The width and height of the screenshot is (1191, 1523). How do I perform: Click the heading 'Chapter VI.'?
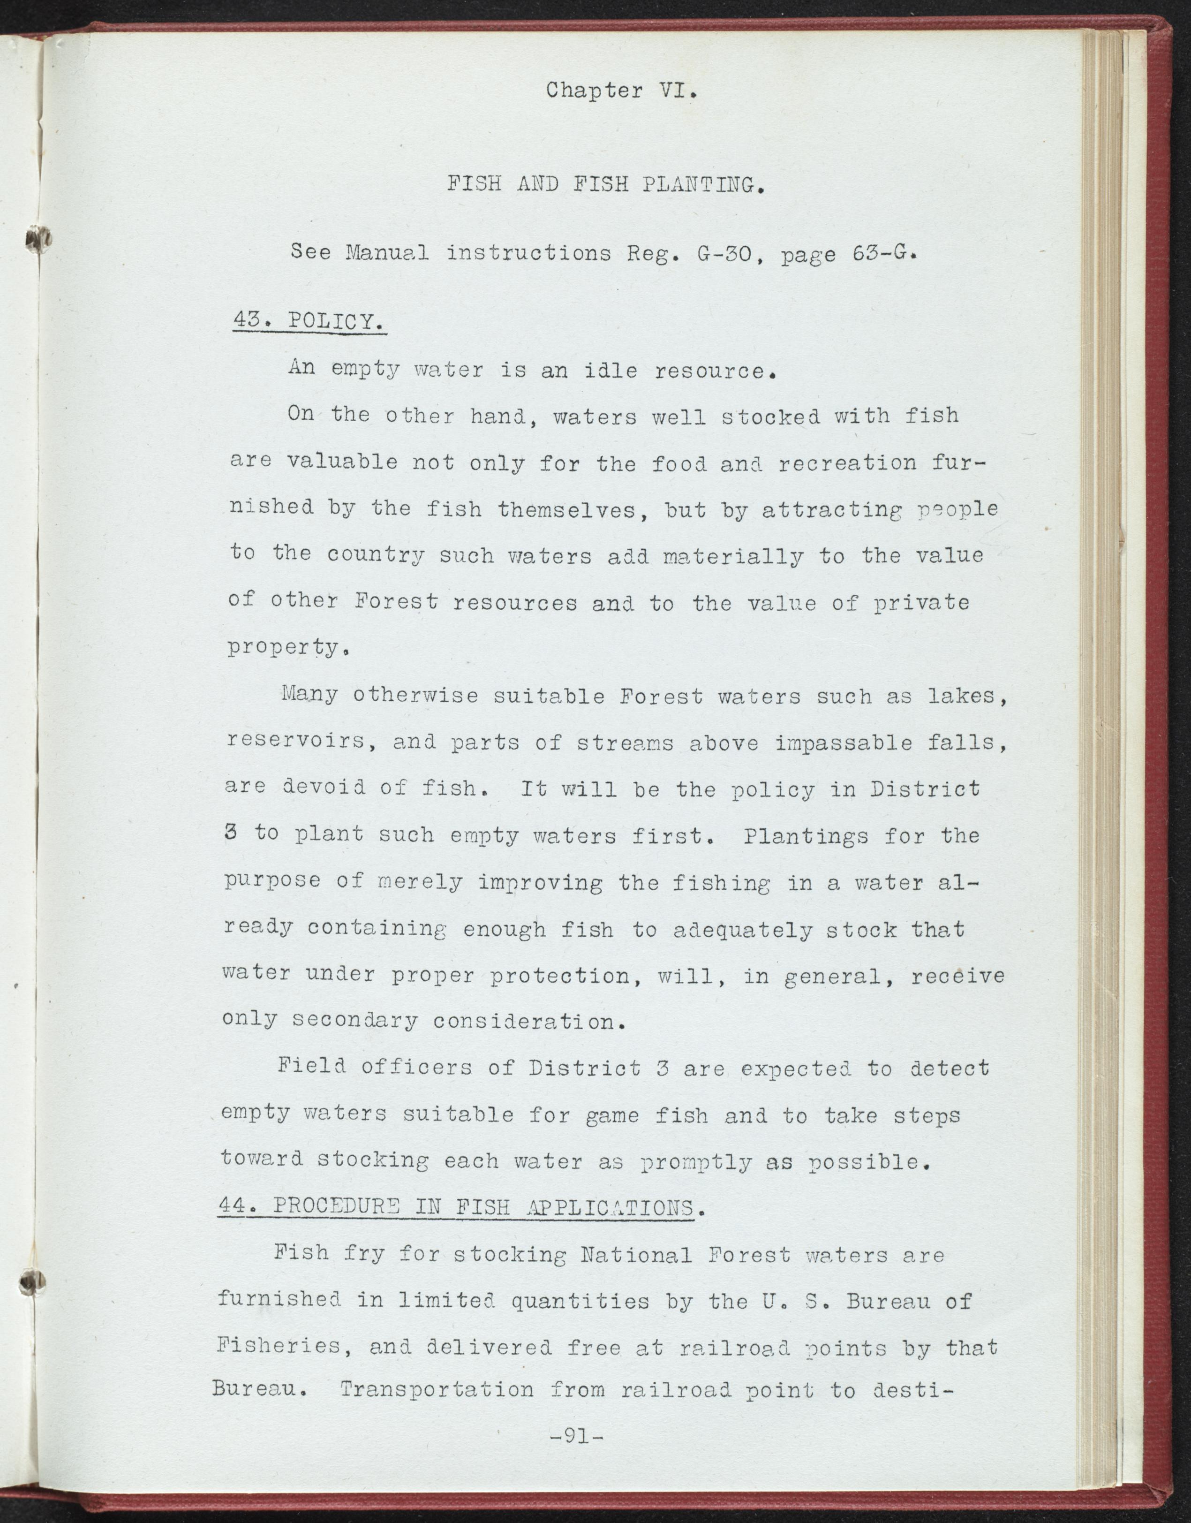coord(621,91)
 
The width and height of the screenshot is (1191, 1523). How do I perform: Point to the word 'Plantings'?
coord(806,835)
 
